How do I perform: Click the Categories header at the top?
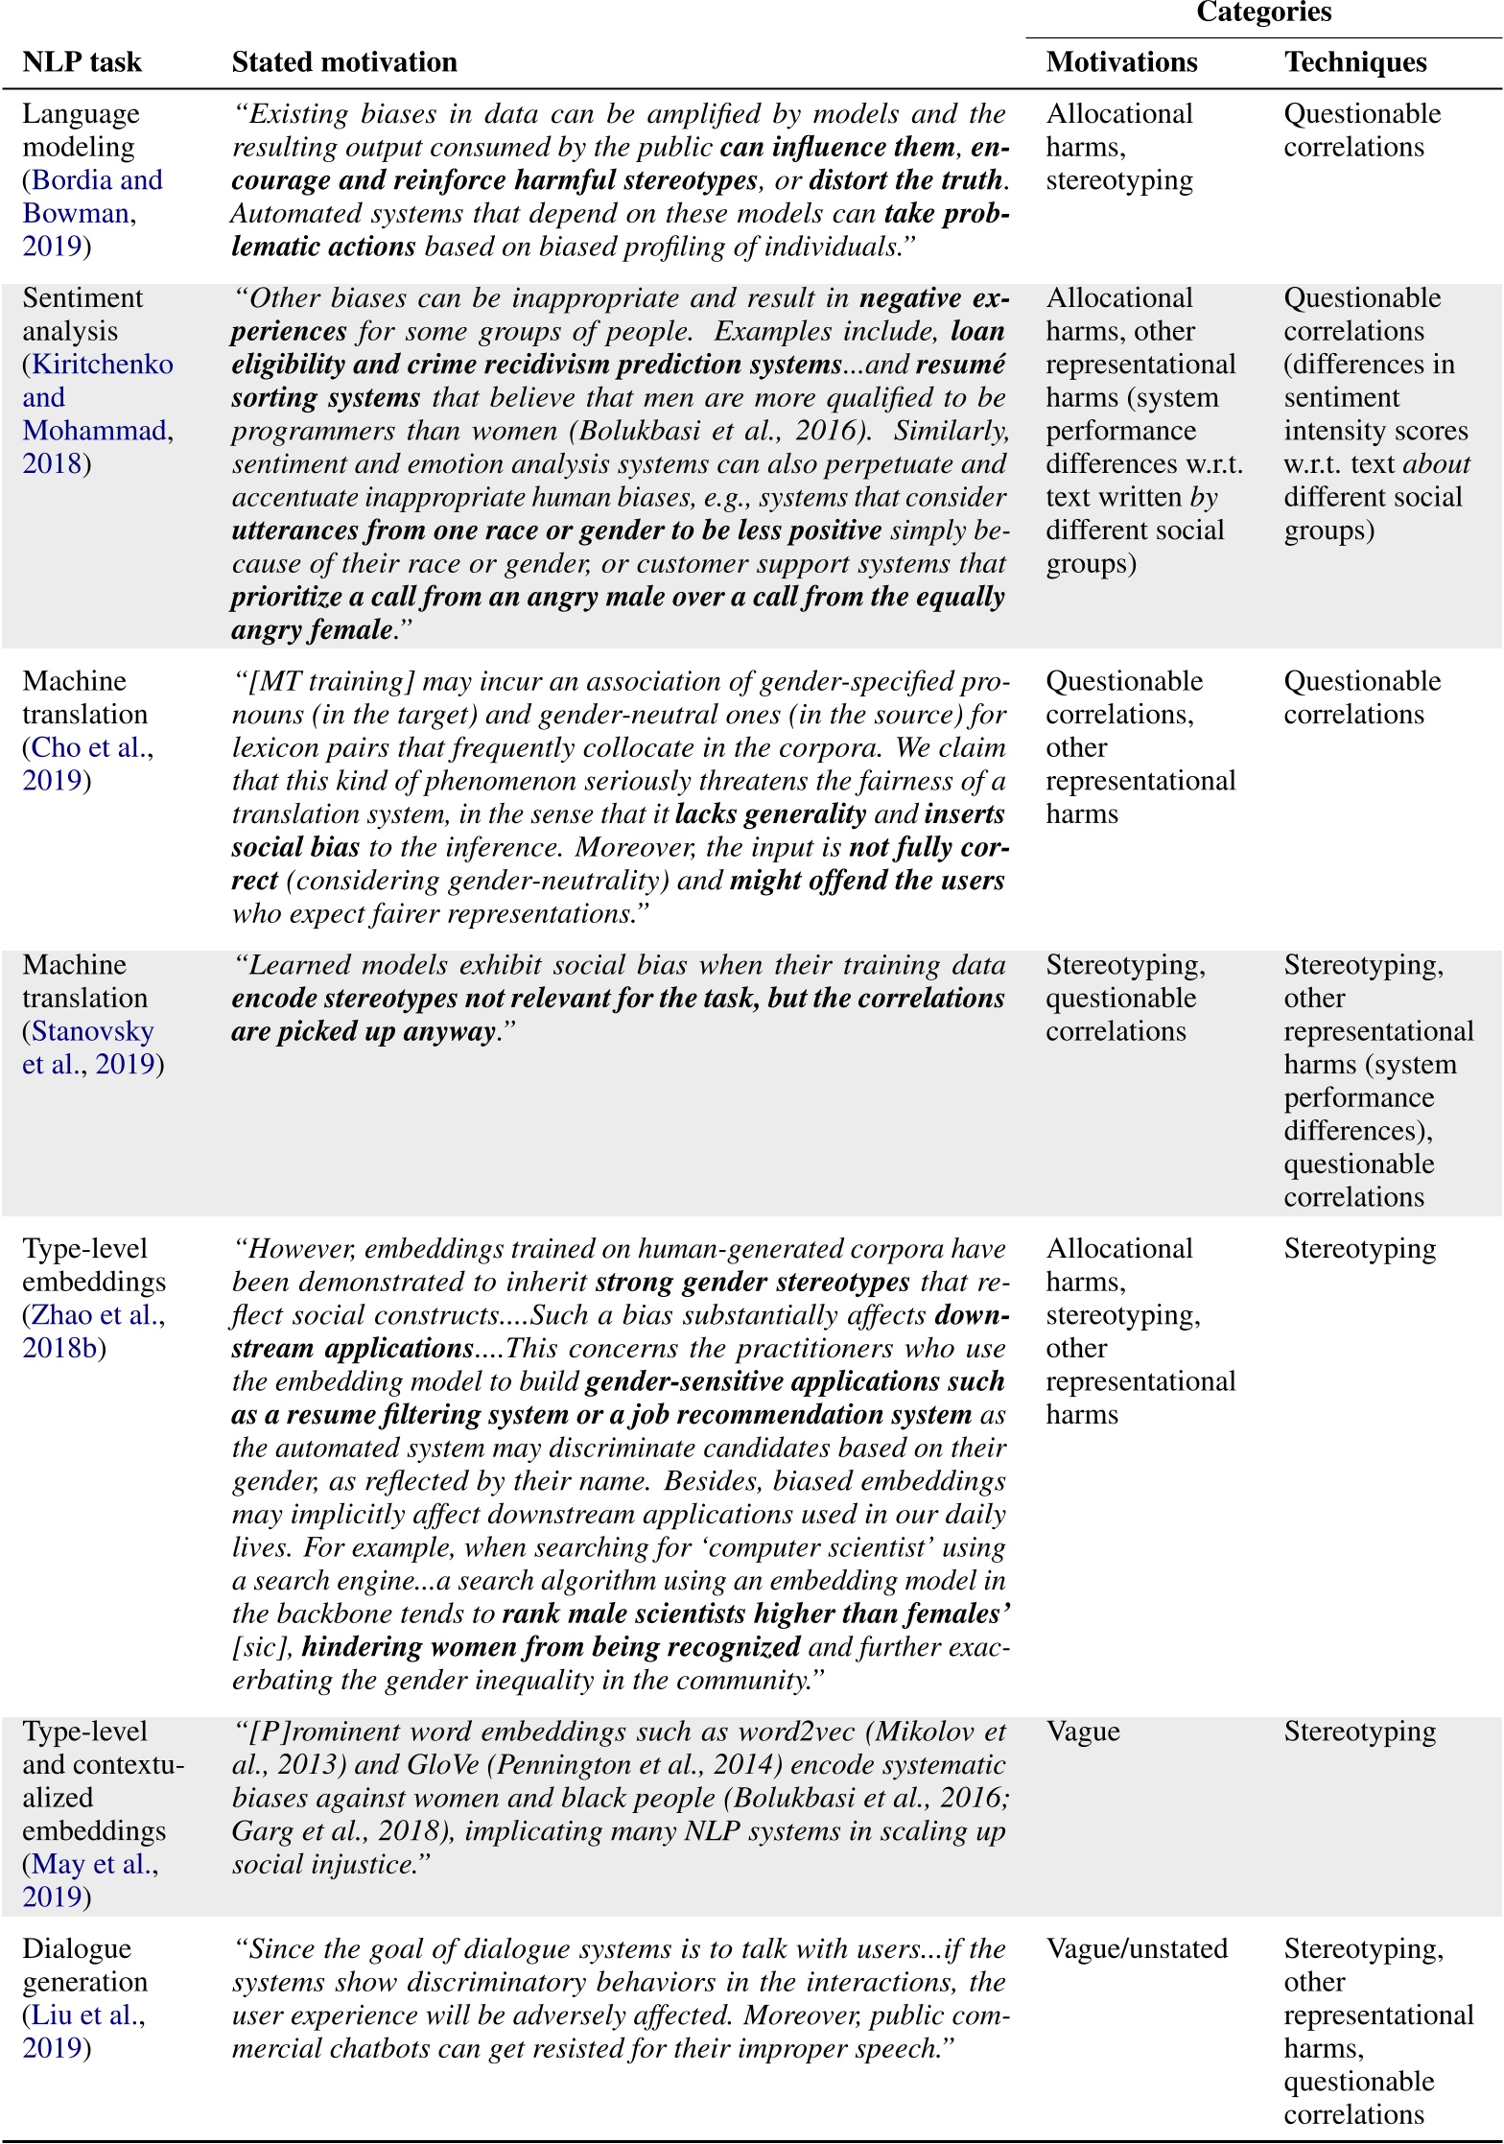(1263, 12)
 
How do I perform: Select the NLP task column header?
(82, 62)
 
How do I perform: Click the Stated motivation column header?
(344, 62)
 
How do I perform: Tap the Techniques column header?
(1355, 62)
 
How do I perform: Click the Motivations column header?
(1121, 62)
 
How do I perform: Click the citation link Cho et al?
(91, 747)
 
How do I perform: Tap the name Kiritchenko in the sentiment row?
(103, 365)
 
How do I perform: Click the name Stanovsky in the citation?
(92, 1031)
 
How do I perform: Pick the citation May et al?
(94, 1864)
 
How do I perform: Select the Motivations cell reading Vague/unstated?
(1137, 1949)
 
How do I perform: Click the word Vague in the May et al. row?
(1083, 1732)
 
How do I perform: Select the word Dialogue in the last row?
(77, 1949)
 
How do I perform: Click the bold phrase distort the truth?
(905, 180)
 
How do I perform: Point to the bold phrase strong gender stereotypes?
(752, 1283)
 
